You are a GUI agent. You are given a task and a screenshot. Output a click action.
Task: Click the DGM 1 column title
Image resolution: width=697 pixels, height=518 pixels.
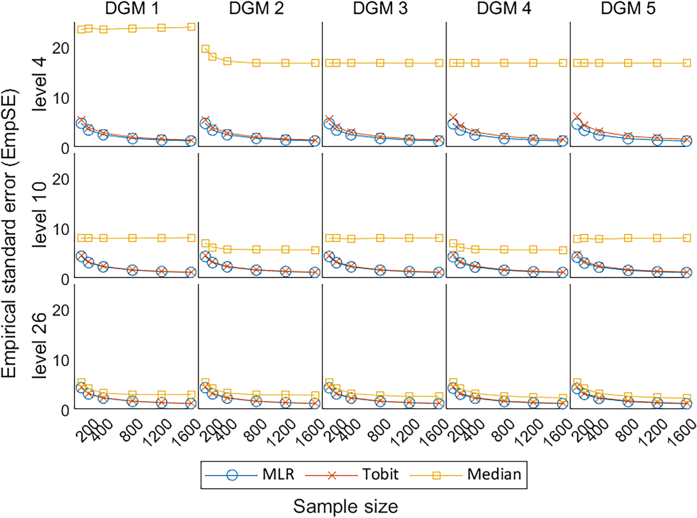pyautogui.click(x=132, y=8)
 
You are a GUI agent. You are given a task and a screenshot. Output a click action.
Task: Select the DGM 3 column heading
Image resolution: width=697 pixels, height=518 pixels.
pyautogui.click(x=380, y=8)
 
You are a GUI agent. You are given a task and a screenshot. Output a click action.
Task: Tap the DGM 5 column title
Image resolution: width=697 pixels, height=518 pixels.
pyautogui.click(x=628, y=8)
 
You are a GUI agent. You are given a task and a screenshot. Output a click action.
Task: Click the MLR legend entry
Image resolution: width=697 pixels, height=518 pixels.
pyautogui.click(x=250, y=474)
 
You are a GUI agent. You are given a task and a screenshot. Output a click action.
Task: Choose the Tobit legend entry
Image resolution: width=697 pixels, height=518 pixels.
pyautogui.click(x=352, y=474)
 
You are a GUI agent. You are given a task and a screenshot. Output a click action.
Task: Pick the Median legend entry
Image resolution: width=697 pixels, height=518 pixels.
pyautogui.click(x=466, y=474)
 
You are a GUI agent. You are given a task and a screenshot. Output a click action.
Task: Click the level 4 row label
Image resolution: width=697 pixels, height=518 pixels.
pyautogui.click(x=39, y=85)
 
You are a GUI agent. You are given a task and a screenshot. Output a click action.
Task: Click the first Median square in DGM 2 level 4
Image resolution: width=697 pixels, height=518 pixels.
pyautogui.click(x=205, y=49)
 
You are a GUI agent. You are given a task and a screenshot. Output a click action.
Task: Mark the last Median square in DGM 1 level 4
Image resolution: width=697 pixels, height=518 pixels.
pyautogui.click(x=191, y=27)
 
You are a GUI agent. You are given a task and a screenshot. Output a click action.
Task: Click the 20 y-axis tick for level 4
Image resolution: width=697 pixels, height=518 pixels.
pyautogui.click(x=61, y=48)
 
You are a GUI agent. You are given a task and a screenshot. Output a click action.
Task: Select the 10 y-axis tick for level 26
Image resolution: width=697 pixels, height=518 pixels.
pyautogui.click(x=61, y=360)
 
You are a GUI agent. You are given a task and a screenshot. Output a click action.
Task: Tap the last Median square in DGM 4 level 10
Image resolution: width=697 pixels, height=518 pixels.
pyautogui.click(x=563, y=250)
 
